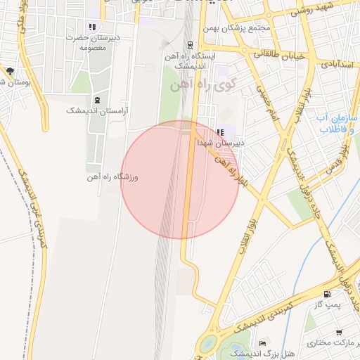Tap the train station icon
click(189, 43)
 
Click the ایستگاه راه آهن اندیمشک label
click(190, 59)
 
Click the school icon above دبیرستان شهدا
click(220, 131)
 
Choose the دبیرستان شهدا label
click(221, 143)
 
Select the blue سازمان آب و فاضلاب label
click(338, 124)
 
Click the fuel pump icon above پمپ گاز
click(326, 294)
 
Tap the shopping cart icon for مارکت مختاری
click(339, 332)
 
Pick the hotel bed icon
click(264, 342)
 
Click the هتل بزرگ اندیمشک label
click(255, 353)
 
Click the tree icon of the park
click(10, 71)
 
